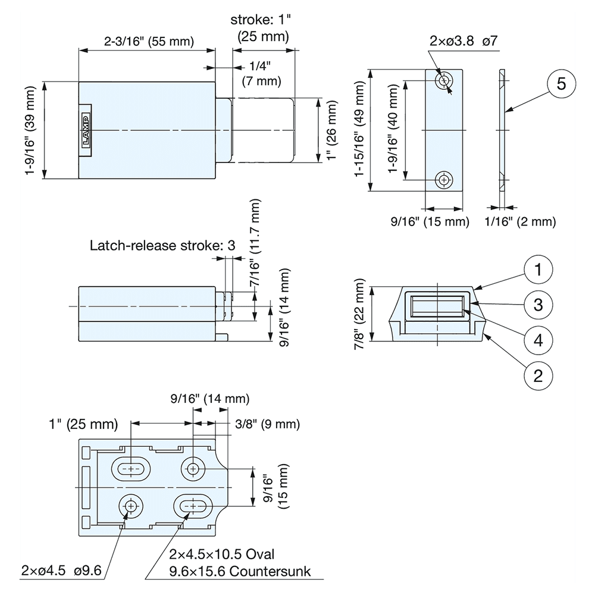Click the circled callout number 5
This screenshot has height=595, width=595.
(561, 84)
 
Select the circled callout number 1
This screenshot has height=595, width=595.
(537, 271)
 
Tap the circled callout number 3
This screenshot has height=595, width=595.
(537, 305)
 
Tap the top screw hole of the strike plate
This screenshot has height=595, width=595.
(443, 81)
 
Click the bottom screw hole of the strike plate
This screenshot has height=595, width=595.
(443, 178)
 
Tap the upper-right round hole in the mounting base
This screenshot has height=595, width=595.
(193, 469)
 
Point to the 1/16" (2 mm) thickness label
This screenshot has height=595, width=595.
(521, 222)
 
